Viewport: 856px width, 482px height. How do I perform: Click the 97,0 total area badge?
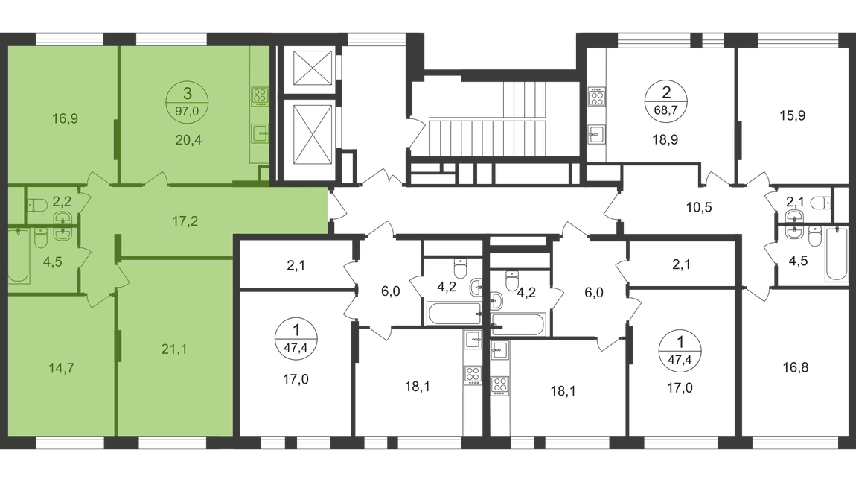click(188, 101)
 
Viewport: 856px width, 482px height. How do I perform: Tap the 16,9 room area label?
click(65, 118)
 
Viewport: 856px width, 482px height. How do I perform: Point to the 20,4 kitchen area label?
click(189, 140)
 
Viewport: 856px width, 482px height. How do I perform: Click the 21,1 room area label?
click(174, 349)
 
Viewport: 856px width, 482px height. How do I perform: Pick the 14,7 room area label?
click(62, 368)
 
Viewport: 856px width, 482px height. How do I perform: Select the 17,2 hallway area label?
click(185, 221)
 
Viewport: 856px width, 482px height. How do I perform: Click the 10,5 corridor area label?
click(700, 208)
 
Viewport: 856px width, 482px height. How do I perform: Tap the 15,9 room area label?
click(793, 116)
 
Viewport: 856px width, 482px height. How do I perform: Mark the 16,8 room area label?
click(796, 367)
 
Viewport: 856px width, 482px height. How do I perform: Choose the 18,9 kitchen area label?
click(665, 140)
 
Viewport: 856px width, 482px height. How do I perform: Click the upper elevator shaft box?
click(313, 69)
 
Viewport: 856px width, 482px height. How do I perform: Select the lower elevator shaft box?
click(313, 135)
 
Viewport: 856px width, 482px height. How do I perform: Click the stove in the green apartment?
click(260, 97)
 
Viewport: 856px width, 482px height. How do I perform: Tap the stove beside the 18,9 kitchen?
click(597, 97)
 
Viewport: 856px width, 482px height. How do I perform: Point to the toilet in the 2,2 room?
click(37, 205)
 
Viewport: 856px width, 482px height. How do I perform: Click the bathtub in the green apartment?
click(19, 256)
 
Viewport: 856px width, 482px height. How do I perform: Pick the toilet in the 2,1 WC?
click(821, 203)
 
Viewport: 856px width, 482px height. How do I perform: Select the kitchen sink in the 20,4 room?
click(260, 133)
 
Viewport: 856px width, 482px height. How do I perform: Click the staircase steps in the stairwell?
click(488, 118)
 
